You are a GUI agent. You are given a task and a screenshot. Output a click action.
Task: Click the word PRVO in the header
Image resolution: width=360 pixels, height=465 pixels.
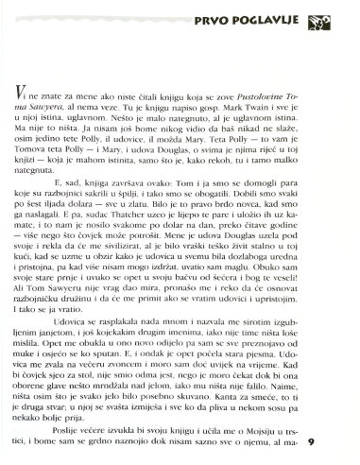click(x=215, y=18)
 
